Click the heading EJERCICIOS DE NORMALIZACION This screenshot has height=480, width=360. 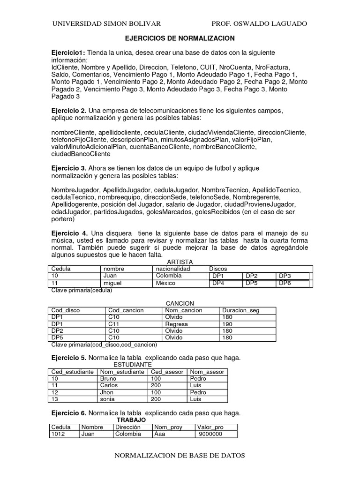(180, 38)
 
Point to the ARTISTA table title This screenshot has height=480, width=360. (180, 262)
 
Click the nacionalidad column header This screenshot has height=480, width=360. (173, 269)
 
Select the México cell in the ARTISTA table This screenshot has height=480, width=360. (165, 283)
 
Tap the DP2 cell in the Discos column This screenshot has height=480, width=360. (252, 276)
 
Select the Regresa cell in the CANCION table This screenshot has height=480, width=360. (177, 324)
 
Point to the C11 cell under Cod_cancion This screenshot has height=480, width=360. (114, 324)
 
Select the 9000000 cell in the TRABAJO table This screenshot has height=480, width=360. (210, 434)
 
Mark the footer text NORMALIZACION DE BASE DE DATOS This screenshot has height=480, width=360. (180, 455)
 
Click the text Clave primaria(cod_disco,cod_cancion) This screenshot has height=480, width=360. (103, 345)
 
